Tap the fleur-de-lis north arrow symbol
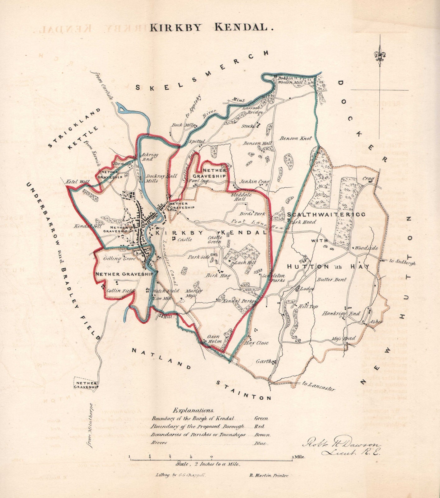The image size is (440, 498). pyautogui.click(x=380, y=55)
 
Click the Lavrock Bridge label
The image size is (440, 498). pyautogui.click(x=253, y=110)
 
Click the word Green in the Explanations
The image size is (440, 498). pyautogui.click(x=261, y=419)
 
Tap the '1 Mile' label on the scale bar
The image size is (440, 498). pyautogui.click(x=299, y=457)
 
